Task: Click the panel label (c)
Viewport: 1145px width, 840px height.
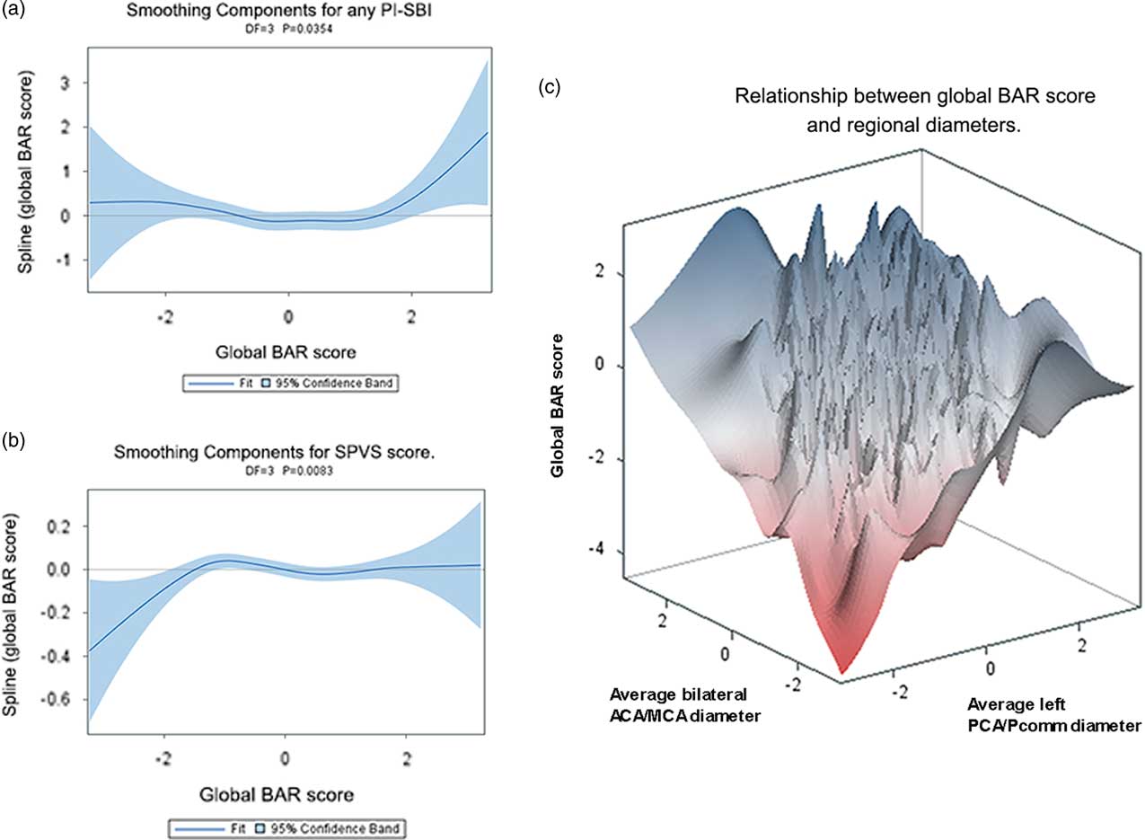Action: tap(550, 87)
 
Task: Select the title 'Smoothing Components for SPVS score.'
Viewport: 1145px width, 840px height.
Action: tap(288, 455)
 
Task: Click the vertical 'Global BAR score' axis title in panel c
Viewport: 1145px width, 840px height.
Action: tap(559, 404)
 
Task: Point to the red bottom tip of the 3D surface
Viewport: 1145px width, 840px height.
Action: tap(841, 669)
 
